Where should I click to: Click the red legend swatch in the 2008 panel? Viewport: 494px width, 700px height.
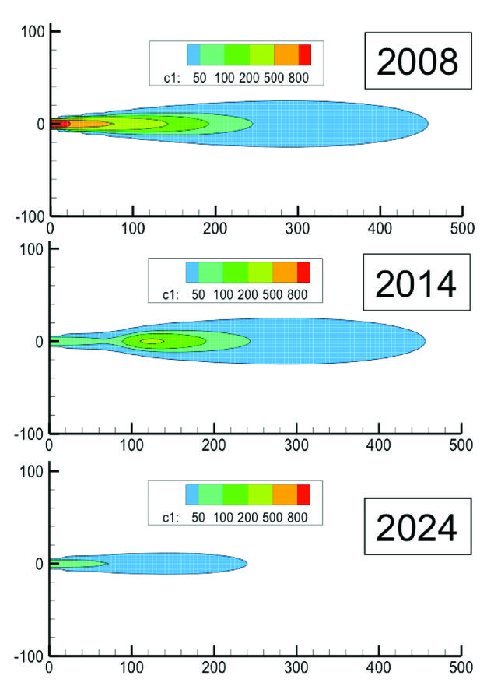coord(305,55)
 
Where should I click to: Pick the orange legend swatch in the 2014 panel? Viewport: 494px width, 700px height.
coord(285,272)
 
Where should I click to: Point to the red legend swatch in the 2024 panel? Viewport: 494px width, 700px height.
coord(303,494)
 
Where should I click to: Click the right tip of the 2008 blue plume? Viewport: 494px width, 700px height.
coord(428,124)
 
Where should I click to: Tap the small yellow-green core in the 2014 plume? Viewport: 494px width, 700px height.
coord(152,341)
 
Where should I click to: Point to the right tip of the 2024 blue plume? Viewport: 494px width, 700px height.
coord(246,563)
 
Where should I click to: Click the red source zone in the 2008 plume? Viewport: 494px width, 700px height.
coord(62,124)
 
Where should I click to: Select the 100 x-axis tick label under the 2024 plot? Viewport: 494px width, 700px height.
coord(132,668)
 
